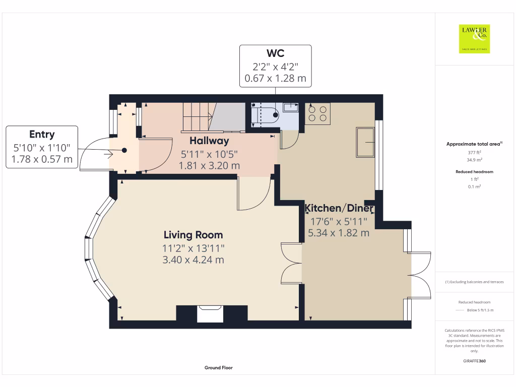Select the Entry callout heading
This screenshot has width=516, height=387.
click(x=42, y=134)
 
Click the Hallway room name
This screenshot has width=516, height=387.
click(x=209, y=141)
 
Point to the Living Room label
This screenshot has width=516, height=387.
click(x=193, y=235)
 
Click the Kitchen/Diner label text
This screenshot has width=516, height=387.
click(x=339, y=209)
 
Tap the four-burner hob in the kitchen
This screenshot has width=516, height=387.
click(x=317, y=113)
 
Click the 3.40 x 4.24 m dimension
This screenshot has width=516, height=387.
click(x=193, y=260)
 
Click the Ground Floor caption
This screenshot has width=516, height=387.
click(x=219, y=368)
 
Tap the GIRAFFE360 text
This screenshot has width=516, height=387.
click(x=474, y=361)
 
